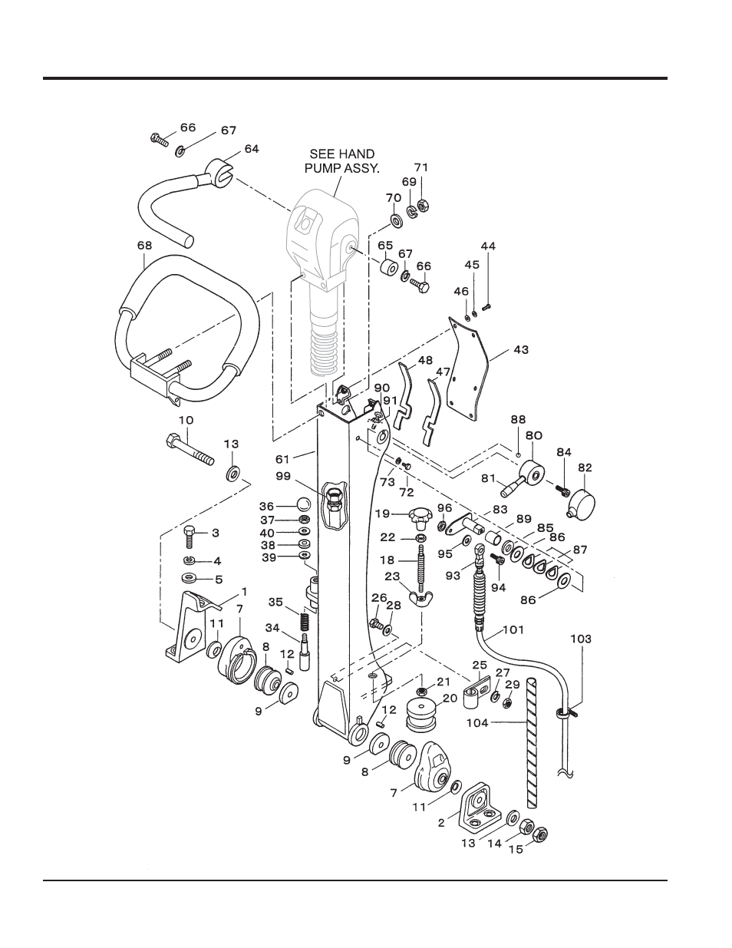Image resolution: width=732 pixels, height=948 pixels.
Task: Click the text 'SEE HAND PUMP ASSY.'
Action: [x=341, y=161]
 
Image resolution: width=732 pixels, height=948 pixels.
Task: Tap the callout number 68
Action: [x=145, y=246]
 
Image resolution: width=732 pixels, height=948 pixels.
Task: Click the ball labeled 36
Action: [x=302, y=504]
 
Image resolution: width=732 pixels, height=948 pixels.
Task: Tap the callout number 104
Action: [x=478, y=723]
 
